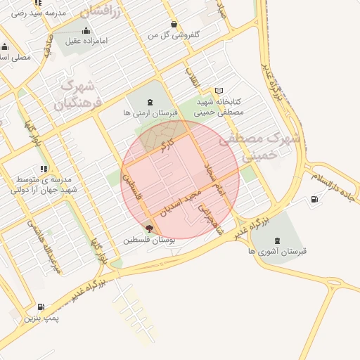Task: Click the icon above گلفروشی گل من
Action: coord(174,23)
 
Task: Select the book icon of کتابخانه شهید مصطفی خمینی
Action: coord(219,91)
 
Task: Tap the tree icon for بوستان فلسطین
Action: coord(148,228)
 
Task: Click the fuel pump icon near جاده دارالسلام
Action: coord(313,199)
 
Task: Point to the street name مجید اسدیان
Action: coord(182,200)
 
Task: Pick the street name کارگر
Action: coord(166,146)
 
